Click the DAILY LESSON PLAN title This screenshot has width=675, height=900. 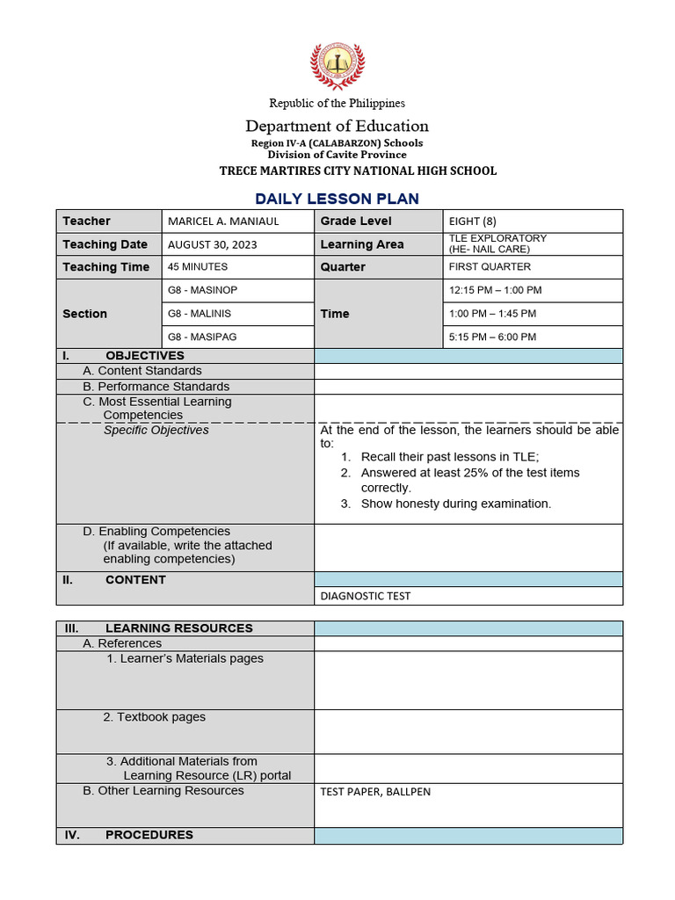pyautogui.click(x=337, y=199)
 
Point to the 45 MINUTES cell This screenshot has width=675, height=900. pyautogui.click(x=198, y=267)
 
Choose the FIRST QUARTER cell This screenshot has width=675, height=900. pyautogui.click(x=490, y=267)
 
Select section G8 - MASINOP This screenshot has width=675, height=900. pyautogui.click(x=202, y=290)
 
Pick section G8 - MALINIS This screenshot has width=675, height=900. pyautogui.click(x=200, y=314)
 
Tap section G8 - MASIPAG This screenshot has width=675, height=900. pyautogui.click(x=202, y=337)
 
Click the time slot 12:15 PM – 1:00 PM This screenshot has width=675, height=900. pyautogui.click(x=495, y=290)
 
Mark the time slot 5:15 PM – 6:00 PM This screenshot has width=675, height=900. pyautogui.click(x=492, y=337)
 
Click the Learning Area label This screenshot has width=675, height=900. pyautogui.click(x=362, y=244)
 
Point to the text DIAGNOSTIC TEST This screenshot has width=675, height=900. pyautogui.click(x=365, y=596)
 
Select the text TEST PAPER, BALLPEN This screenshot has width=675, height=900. pyautogui.click(x=375, y=792)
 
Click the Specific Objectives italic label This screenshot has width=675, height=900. pyautogui.click(x=156, y=431)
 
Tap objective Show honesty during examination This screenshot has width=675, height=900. pyautogui.click(x=455, y=504)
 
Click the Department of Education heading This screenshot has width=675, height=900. pyautogui.click(x=337, y=126)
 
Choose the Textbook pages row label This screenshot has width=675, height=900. pyautogui.click(x=154, y=717)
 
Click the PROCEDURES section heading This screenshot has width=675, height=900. pyautogui.click(x=149, y=835)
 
